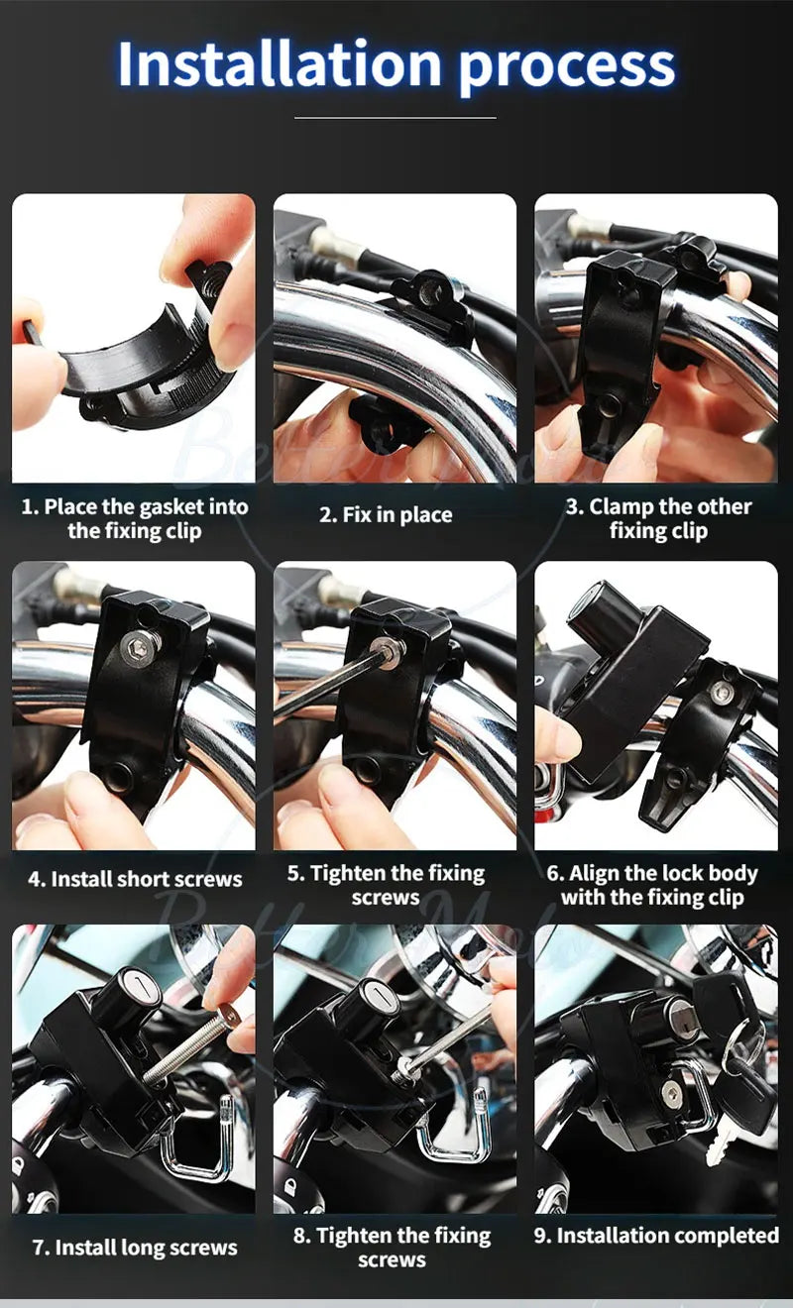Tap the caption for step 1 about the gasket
click(x=134, y=518)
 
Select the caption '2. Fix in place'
click(x=385, y=515)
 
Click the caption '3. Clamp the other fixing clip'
click(x=657, y=518)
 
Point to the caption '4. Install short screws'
click(x=135, y=879)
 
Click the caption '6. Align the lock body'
click(x=651, y=885)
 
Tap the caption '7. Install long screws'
click(x=135, y=1248)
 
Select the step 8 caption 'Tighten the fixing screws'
click(x=392, y=1248)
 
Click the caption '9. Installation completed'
click(x=656, y=1236)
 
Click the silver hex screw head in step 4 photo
click(x=140, y=645)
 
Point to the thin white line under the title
click(x=396, y=118)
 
